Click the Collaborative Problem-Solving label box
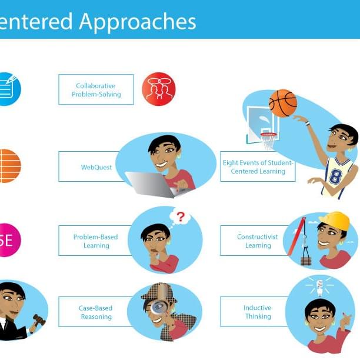click(96, 90)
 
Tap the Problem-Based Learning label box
click(95, 241)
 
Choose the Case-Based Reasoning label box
click(95, 312)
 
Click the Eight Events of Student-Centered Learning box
click(258, 167)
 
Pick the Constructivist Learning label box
click(254, 241)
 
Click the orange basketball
click(282, 104)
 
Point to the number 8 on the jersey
click(336, 177)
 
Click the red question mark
click(181, 217)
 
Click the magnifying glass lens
click(159, 307)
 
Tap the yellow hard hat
click(335, 221)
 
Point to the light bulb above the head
click(320, 286)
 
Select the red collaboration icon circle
click(159, 89)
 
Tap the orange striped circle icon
click(8, 166)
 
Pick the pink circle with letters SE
click(8, 240)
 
